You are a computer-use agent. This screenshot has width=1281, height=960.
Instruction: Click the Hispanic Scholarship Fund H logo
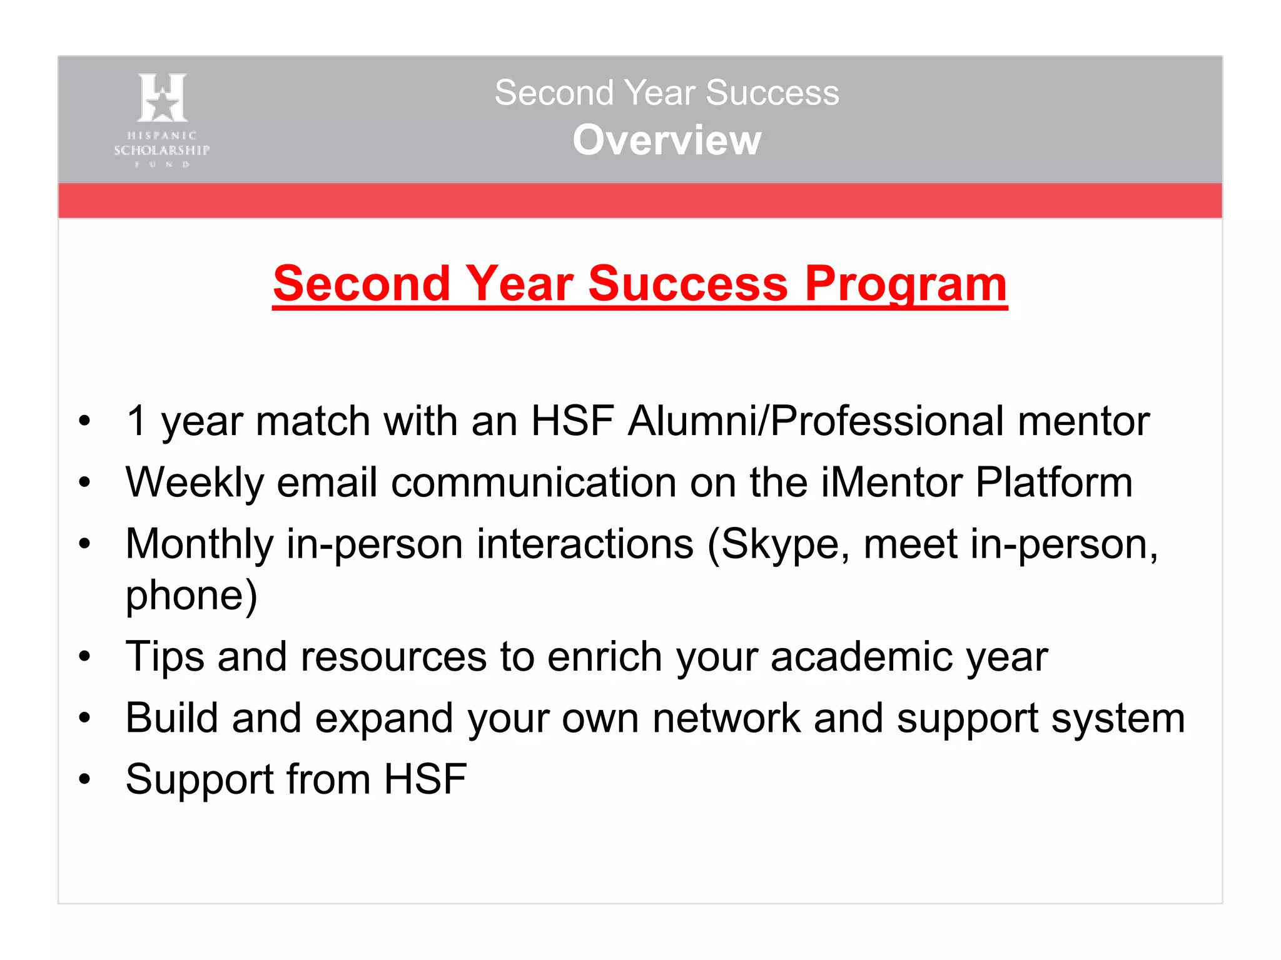point(162,97)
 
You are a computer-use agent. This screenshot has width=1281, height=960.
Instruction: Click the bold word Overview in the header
point(667,140)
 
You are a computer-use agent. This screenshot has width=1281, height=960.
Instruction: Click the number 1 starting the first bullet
point(136,421)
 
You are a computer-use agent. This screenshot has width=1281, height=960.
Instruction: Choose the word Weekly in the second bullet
point(194,482)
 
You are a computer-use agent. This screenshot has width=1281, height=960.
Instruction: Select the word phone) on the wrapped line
point(191,595)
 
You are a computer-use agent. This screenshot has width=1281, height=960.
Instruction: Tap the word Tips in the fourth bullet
point(165,656)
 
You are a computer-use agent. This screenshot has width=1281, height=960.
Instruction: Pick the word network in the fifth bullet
point(726,717)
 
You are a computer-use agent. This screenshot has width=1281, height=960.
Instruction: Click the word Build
point(171,717)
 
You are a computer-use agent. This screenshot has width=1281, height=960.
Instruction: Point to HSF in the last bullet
point(425,779)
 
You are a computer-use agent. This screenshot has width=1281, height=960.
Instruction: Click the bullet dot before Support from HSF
point(84,779)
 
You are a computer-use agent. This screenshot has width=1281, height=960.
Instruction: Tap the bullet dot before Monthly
point(84,544)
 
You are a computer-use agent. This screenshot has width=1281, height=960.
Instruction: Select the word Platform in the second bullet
point(1054,482)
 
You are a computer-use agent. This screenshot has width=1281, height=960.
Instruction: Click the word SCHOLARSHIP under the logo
point(162,150)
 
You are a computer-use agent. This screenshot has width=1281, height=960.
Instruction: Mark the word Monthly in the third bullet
point(199,544)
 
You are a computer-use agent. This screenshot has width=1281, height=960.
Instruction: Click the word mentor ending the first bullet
point(1083,421)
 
